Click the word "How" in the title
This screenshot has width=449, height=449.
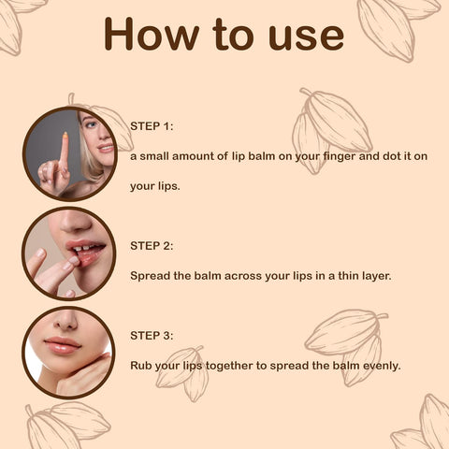pyautogui.click(x=152, y=34)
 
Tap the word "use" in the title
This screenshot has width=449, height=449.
pyautogui.click(x=306, y=37)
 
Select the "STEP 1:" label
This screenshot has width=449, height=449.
pyautogui.click(x=152, y=126)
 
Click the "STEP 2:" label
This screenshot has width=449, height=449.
pyautogui.click(x=152, y=246)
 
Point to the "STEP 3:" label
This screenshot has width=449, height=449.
pyautogui.click(x=152, y=336)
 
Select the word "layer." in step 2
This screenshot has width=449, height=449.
pyautogui.click(x=377, y=276)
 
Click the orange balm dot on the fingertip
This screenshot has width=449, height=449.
pyautogui.click(x=65, y=135)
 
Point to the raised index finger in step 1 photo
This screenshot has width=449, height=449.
pyautogui.click(x=64, y=152)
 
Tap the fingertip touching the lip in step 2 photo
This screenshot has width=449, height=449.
pyautogui.click(x=74, y=259)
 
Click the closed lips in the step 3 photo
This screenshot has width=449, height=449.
pyautogui.click(x=62, y=345)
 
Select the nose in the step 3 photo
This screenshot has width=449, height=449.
pyautogui.click(x=65, y=321)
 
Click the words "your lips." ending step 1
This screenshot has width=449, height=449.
pyautogui.click(x=155, y=186)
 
